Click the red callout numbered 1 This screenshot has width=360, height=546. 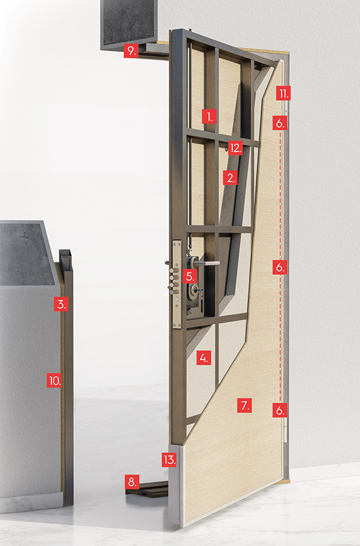point(210,117)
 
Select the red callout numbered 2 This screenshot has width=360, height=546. point(230,177)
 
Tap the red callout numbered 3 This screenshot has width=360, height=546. point(61,304)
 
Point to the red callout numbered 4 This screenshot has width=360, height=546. point(204,358)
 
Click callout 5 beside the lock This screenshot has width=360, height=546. point(190,276)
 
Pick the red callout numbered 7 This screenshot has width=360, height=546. point(244,405)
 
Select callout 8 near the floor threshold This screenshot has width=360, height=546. point(132,482)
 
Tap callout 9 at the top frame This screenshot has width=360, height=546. point(131,51)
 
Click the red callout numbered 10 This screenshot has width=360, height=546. point(55,380)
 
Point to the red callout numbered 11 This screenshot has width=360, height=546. point(283,93)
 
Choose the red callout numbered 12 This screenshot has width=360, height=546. point(235,148)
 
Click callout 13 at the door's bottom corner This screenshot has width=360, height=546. point(169,460)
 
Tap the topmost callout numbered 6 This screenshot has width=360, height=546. point(280,123)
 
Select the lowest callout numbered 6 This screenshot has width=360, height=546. point(280,410)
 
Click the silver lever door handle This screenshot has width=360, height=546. point(206,263)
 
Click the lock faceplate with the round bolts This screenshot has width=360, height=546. point(177,284)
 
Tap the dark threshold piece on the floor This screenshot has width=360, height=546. point(147,489)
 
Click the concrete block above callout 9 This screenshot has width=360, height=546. point(129,22)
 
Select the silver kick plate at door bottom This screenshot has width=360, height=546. point(175,484)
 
